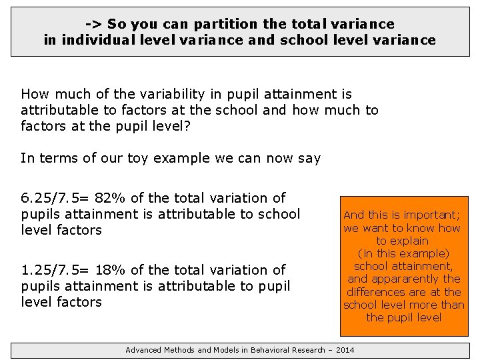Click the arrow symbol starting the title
(x=94, y=24)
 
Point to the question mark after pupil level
(x=187, y=126)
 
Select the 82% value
(x=109, y=198)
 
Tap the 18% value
(x=109, y=270)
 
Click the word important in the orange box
(x=426, y=215)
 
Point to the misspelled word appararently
(x=407, y=279)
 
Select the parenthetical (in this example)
(x=404, y=253)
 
